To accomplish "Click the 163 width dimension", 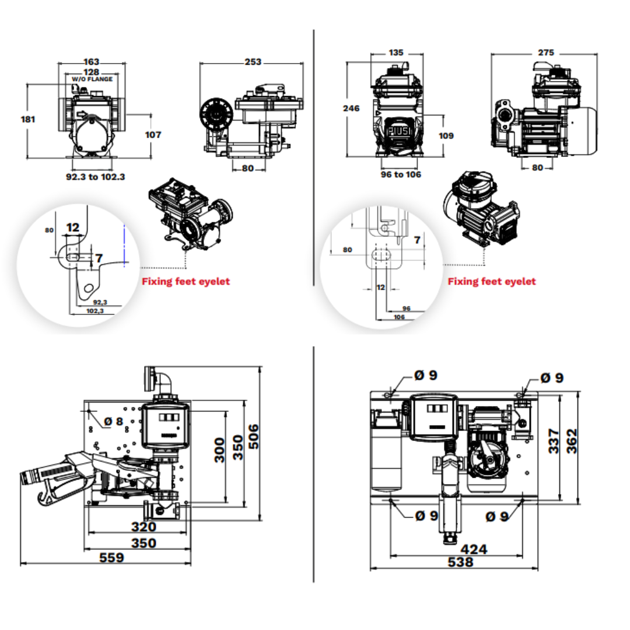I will (92, 61).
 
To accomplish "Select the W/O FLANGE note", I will (92, 79).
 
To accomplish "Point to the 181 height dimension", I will (28, 119).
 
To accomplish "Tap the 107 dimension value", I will (153, 134).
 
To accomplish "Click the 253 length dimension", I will (253, 62).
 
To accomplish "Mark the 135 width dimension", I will (395, 52).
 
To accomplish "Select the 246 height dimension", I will (352, 108).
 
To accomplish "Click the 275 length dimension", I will (545, 52).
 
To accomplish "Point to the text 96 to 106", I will (401, 174).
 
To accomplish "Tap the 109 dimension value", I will (446, 135).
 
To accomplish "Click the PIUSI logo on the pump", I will (401, 131).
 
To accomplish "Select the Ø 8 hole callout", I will (114, 421).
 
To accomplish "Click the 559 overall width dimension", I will (111, 558).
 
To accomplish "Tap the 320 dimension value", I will (143, 527).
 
